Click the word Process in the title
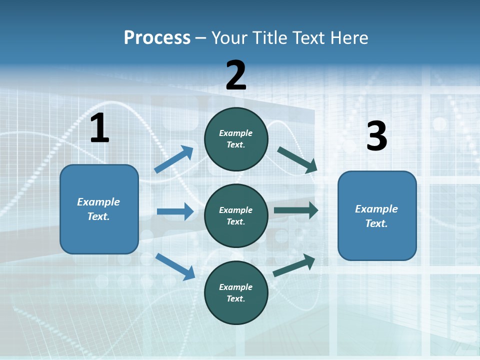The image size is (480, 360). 157,38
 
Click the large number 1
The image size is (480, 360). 99,128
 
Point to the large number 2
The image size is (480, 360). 236,75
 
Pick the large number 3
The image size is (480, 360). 376,136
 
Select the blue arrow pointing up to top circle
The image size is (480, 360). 174,159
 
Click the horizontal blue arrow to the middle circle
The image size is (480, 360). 175,211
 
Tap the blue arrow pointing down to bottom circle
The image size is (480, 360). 175,266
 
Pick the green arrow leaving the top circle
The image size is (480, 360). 297,159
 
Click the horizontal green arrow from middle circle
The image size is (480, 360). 296,210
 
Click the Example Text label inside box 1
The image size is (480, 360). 98,209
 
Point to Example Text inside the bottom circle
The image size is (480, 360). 236,293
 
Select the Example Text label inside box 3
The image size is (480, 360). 376,216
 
